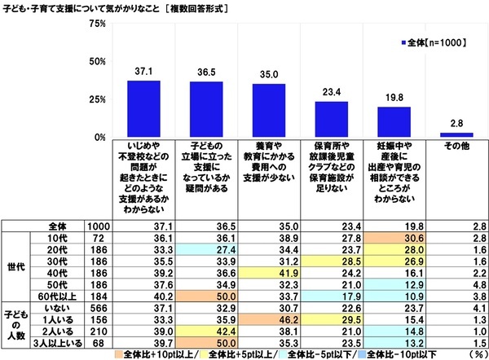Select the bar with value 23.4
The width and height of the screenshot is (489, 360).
pos(331,119)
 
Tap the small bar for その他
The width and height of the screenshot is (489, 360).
pos(456,134)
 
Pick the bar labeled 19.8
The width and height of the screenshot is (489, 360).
pos(394,121)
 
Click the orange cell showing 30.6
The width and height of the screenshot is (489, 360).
pos(394,235)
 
